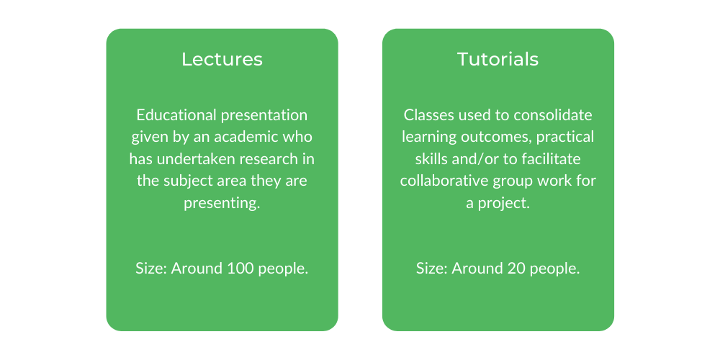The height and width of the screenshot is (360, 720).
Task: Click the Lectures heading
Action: click(222, 59)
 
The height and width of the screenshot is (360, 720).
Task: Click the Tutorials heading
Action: click(498, 59)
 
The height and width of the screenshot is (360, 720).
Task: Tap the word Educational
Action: click(177, 114)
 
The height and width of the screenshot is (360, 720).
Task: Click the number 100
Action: click(240, 269)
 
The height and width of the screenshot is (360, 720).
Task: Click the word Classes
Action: click(425, 114)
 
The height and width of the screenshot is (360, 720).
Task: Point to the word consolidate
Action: click(553, 114)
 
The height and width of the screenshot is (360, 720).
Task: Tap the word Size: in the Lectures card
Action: click(151, 269)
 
